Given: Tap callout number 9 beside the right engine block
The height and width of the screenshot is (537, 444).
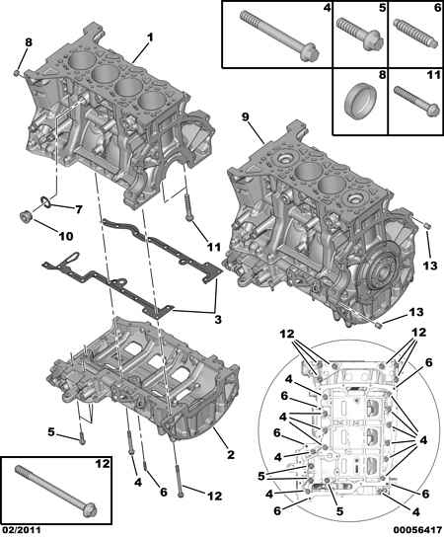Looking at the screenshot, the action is pyautogui.click(x=245, y=117).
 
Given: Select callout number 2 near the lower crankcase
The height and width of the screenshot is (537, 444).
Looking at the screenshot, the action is pyautogui.click(x=231, y=455).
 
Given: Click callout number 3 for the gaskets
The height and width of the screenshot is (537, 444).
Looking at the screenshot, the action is pyautogui.click(x=218, y=320).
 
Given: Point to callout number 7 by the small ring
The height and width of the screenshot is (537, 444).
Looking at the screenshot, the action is pyautogui.click(x=79, y=209).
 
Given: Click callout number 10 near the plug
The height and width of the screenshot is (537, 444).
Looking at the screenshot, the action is pyautogui.click(x=66, y=236).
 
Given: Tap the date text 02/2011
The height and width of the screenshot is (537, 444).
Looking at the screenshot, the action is pyautogui.click(x=21, y=530).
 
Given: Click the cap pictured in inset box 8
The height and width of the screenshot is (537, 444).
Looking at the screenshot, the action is pyautogui.click(x=360, y=101).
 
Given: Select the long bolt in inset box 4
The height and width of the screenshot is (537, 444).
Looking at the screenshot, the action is pyautogui.click(x=279, y=36).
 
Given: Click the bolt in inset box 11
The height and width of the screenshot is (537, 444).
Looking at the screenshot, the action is pyautogui.click(x=416, y=102).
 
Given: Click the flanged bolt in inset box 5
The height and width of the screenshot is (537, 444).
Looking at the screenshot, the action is pyautogui.click(x=359, y=35).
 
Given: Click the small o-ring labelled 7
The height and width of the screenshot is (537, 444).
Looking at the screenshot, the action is pyautogui.click(x=46, y=201).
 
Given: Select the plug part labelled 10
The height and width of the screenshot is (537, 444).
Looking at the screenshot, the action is pyautogui.click(x=26, y=217).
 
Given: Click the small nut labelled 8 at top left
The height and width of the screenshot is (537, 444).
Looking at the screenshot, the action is pyautogui.click(x=17, y=73).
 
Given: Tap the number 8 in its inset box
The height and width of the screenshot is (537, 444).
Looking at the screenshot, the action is pyautogui.click(x=382, y=75).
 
